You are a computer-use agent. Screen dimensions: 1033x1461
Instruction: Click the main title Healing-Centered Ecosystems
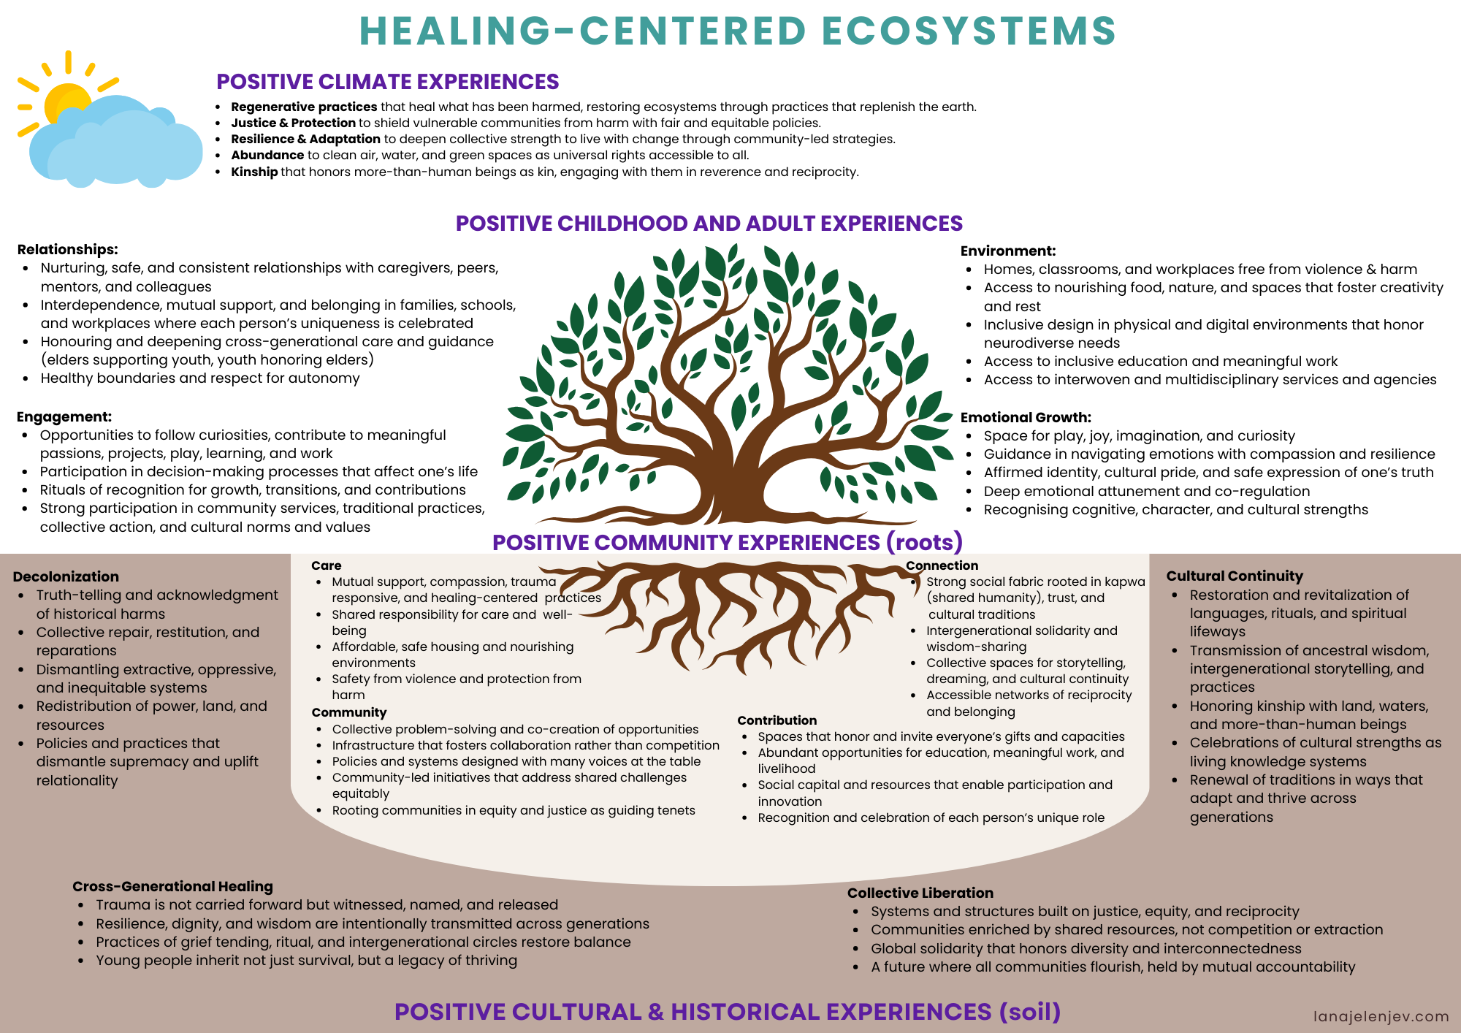[x=738, y=31]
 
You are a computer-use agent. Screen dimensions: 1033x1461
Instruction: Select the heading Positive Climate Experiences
[x=387, y=82]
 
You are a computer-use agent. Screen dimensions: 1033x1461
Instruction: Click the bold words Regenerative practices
[x=304, y=107]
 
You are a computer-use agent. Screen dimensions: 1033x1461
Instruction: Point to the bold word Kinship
[x=254, y=172]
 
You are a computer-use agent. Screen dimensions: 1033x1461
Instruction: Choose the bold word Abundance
[x=267, y=155]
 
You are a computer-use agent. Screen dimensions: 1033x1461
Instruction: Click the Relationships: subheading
[x=67, y=250]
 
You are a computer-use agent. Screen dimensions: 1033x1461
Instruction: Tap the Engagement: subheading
[x=64, y=416]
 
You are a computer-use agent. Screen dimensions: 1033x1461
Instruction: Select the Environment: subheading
[x=1007, y=251]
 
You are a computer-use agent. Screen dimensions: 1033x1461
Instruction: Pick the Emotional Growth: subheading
[x=1026, y=417]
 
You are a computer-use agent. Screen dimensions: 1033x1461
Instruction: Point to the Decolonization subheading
[x=66, y=576]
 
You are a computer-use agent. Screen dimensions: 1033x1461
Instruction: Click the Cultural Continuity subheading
[x=1235, y=576]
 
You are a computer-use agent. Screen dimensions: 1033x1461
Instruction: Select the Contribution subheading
[x=777, y=720]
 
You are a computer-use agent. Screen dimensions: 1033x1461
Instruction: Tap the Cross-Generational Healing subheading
[x=172, y=886]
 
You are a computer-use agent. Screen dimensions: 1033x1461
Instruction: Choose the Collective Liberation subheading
[x=920, y=893]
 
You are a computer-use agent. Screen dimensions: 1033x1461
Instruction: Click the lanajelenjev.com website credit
[x=1381, y=1016]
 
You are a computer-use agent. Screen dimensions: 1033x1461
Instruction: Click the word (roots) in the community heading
[x=924, y=542]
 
